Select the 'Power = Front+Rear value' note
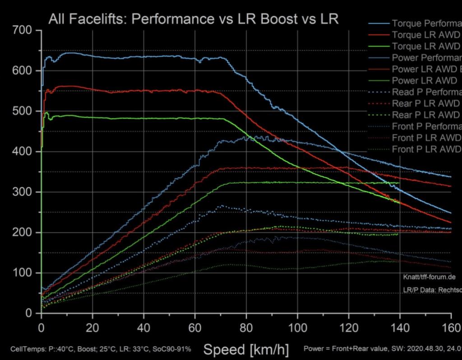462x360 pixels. click(343, 349)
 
